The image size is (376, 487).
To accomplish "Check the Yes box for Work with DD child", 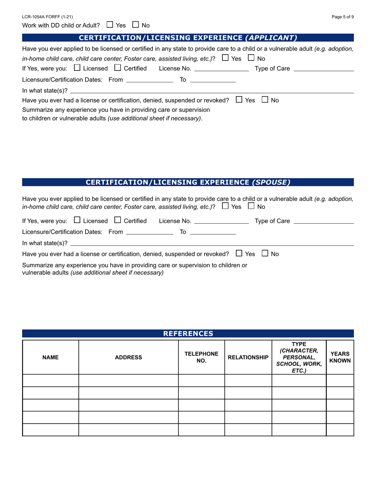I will click(110, 25).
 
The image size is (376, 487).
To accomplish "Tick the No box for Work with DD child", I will click(135, 25).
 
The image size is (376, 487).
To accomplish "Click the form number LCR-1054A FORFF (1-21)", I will click(47, 17).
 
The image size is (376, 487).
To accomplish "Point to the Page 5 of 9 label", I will click(343, 17).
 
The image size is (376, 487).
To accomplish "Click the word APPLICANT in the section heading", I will click(271, 38).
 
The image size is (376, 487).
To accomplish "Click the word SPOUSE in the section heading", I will click(271, 182).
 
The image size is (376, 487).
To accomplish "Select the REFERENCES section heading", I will click(188, 333).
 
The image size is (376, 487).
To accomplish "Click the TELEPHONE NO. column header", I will click(201, 357).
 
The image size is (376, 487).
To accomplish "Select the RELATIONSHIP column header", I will click(248, 357).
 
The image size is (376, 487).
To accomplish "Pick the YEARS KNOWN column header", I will click(340, 357).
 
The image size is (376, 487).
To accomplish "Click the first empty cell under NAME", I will click(51, 380).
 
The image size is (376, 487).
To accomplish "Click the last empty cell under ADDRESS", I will click(128, 430).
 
